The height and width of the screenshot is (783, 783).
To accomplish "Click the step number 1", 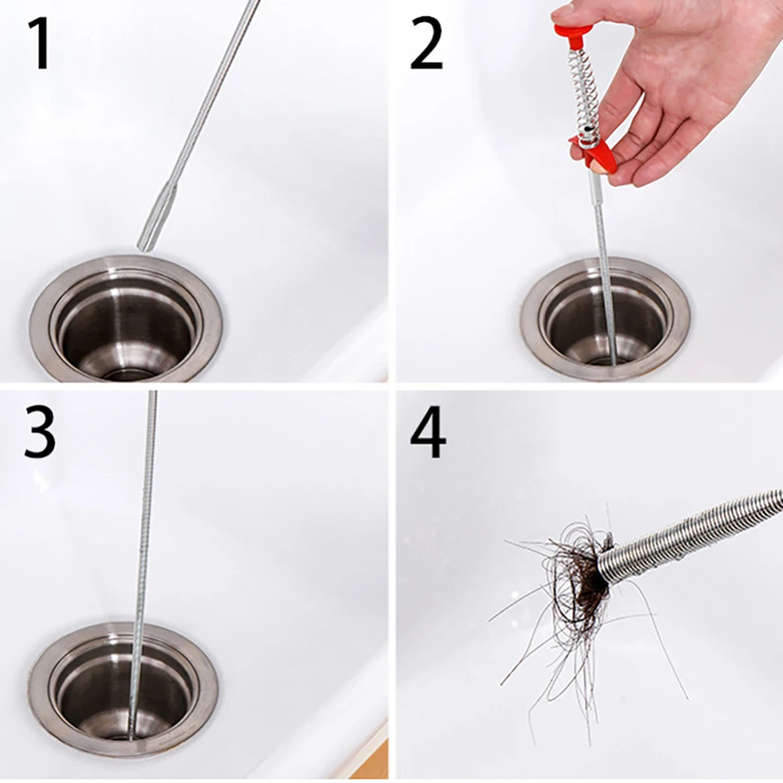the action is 38,44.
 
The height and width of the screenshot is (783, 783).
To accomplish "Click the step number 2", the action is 426,44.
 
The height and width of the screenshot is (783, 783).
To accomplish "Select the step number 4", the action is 428,432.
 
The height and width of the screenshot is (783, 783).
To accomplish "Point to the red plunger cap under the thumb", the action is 572,31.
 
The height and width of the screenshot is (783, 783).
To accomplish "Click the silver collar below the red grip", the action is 595,183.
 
